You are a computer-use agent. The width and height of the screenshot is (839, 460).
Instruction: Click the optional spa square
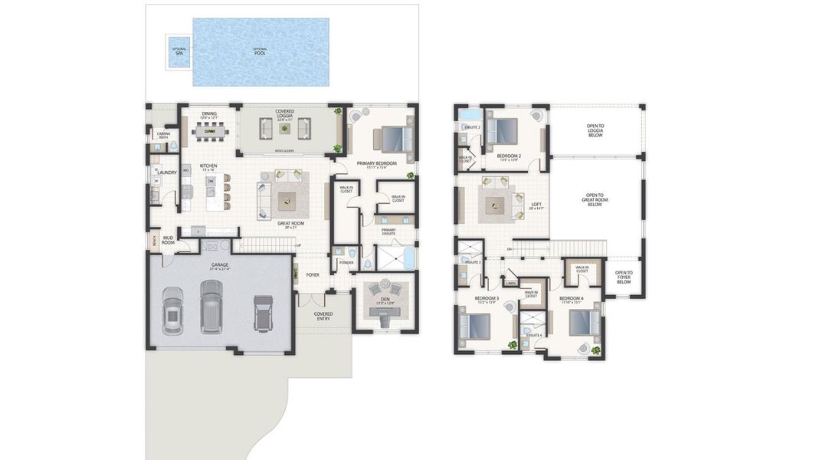click(x=179, y=51)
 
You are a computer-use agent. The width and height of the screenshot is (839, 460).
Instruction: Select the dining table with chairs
click(x=209, y=132)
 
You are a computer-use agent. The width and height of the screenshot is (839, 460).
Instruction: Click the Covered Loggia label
click(x=284, y=115)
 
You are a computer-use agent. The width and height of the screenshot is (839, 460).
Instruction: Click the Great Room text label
click(x=290, y=224)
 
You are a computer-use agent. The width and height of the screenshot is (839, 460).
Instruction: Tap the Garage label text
click(x=220, y=265)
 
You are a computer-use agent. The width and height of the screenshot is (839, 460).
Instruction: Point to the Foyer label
click(x=313, y=274)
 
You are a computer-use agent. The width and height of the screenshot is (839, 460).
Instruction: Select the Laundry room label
click(x=167, y=172)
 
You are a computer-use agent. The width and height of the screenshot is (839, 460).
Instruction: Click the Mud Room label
click(x=169, y=240)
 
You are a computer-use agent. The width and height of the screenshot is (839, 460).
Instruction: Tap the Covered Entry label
click(x=323, y=316)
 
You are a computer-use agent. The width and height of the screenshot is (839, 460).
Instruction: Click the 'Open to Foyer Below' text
click(x=624, y=277)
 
